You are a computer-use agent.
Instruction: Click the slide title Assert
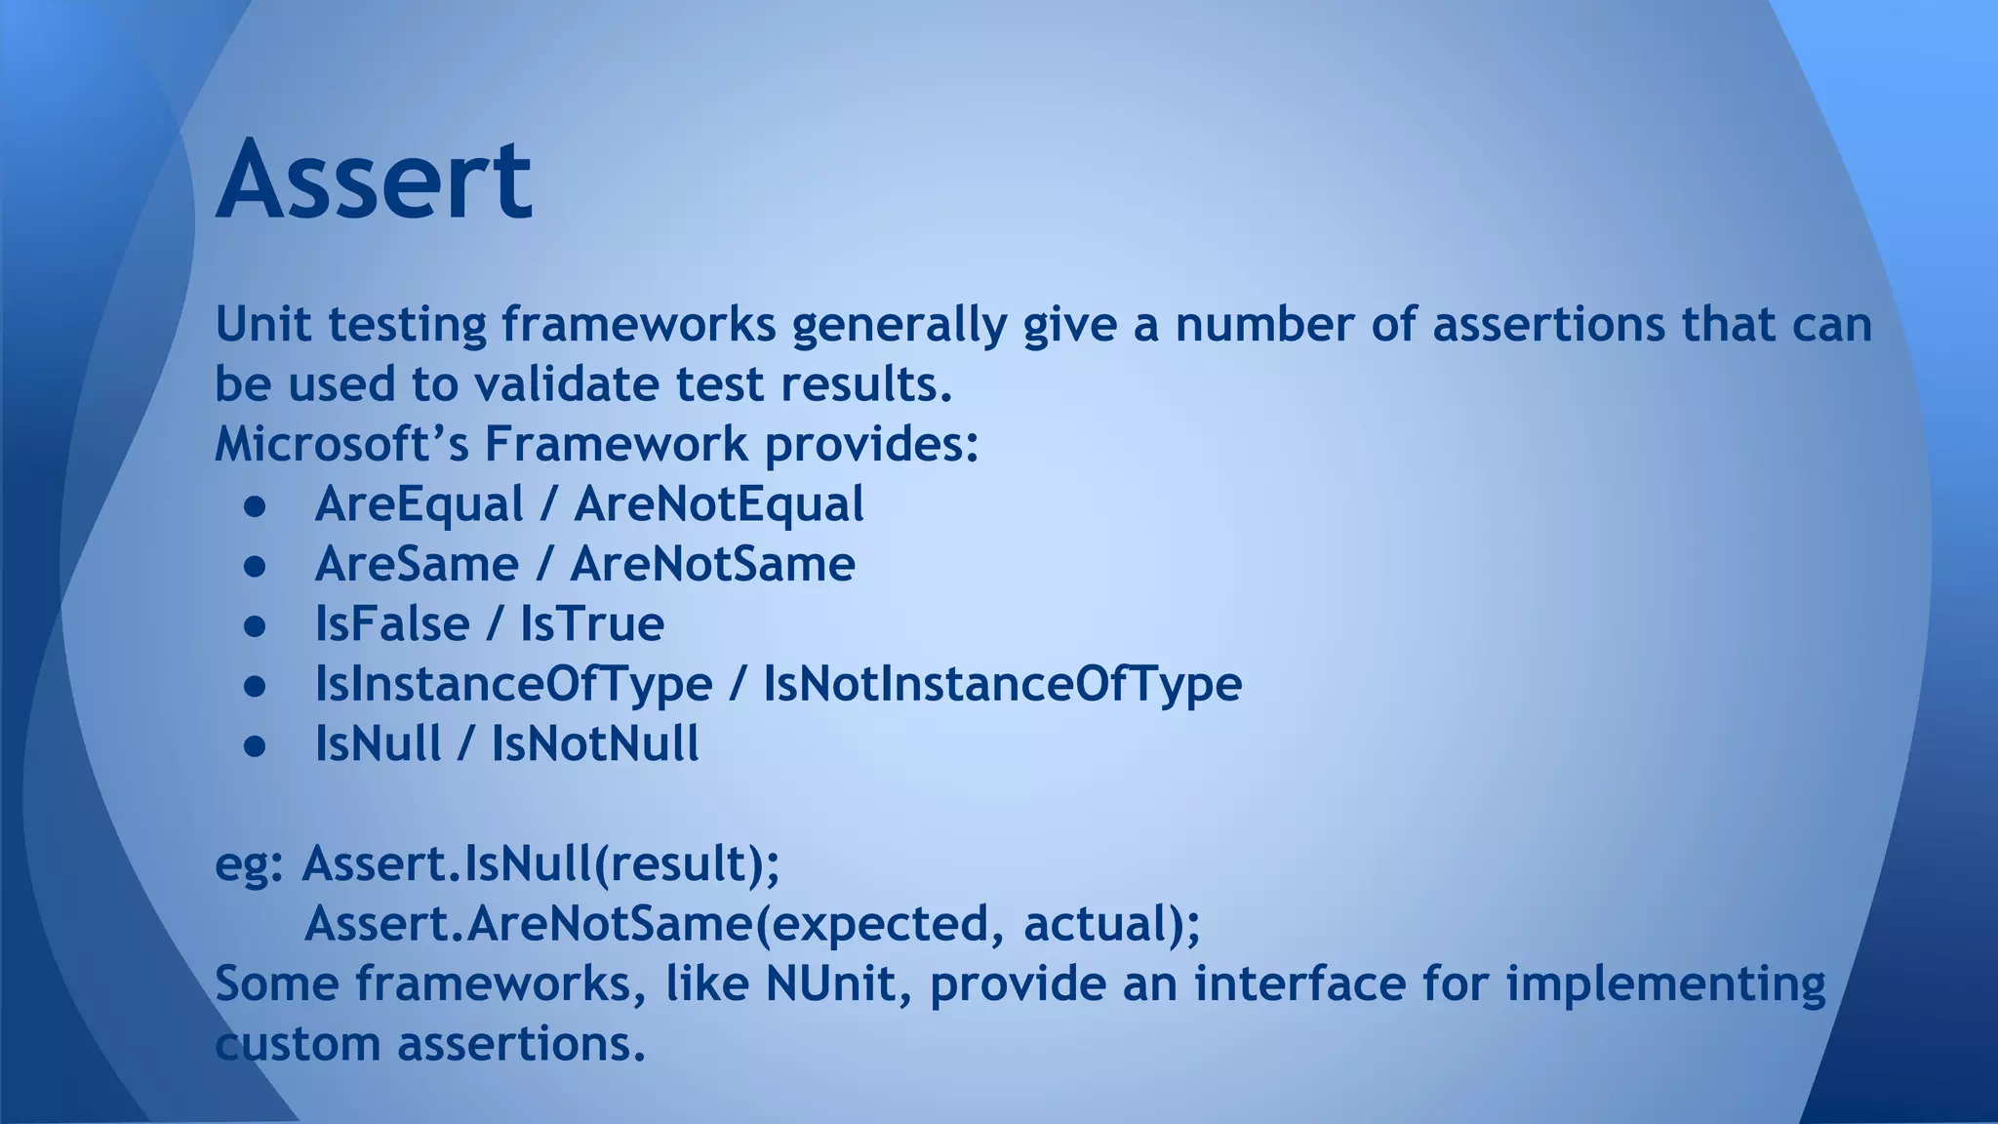coord(374,181)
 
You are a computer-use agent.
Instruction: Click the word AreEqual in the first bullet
coord(419,504)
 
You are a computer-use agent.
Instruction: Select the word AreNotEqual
coord(718,504)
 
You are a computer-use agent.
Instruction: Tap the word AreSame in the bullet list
coord(417,564)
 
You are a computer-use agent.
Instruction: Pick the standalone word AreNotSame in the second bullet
coord(712,564)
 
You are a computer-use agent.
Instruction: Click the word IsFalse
coord(391,623)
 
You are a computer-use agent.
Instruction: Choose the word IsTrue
coord(591,623)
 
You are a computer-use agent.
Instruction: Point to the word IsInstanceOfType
coord(513,683)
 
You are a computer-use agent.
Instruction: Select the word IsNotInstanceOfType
coord(1002,683)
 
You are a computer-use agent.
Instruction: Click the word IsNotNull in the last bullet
coord(594,743)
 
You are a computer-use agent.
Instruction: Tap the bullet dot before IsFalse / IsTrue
coord(255,625)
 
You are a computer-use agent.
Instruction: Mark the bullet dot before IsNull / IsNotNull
coord(255,745)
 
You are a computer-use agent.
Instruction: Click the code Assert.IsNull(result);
coord(541,863)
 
